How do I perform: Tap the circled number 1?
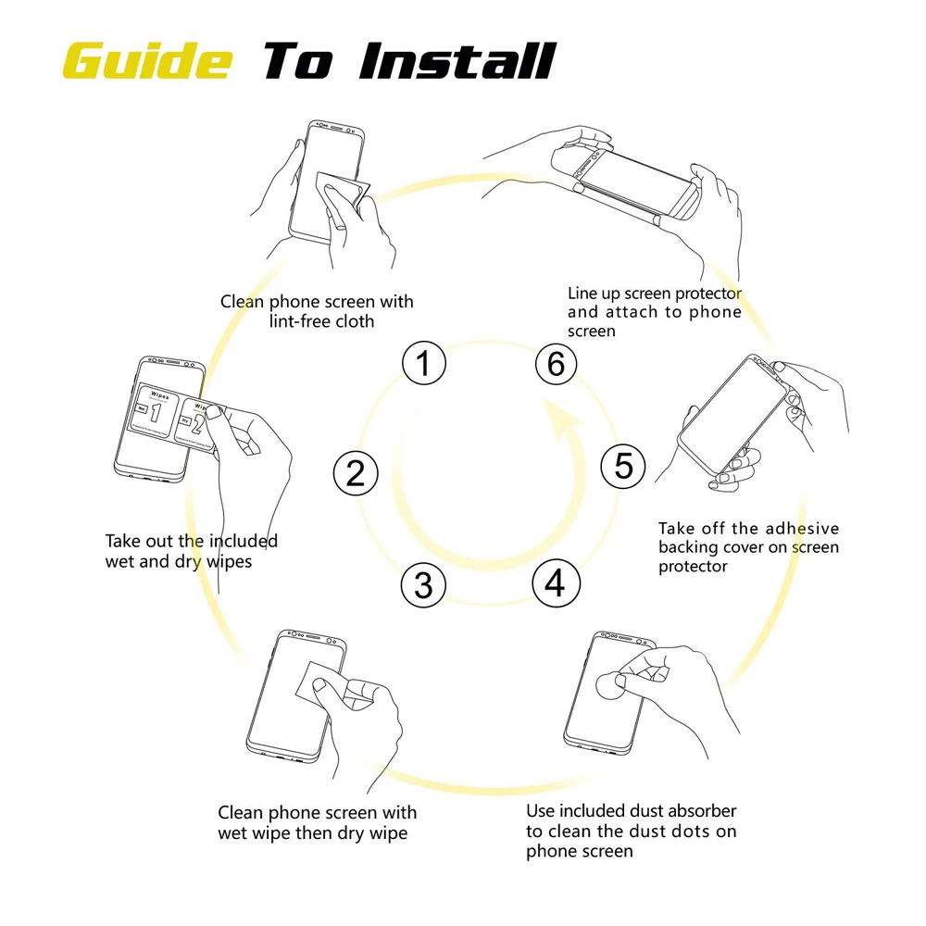point(424,364)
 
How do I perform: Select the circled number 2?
point(356,473)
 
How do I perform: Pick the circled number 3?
point(423,585)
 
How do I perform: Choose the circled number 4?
point(555,583)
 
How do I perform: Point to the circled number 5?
point(623,466)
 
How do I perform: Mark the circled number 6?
point(556,364)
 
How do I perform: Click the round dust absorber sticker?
point(607,686)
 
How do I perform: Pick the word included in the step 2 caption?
point(243,541)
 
